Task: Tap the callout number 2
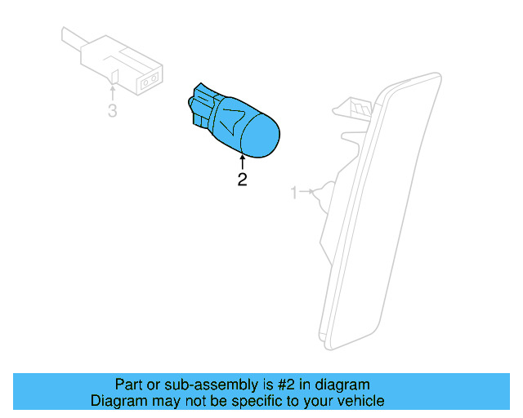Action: tap(242, 180)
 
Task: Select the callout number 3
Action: tap(112, 111)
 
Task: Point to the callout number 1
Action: tap(294, 193)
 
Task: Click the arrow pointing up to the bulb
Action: tap(242, 162)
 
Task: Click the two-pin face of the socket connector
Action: tap(149, 81)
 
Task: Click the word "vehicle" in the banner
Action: tap(360, 401)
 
